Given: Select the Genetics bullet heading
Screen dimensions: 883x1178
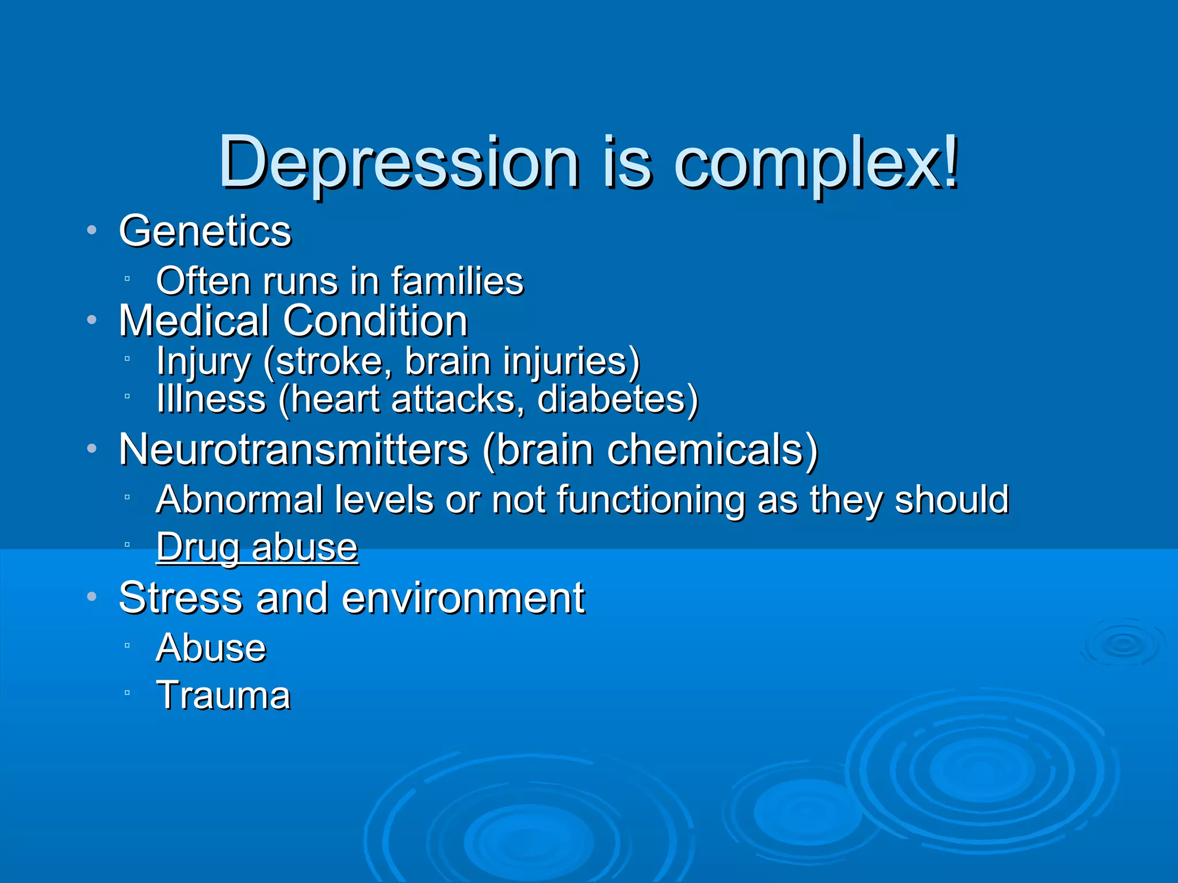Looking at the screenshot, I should (x=205, y=231).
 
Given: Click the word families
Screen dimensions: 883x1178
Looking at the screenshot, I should (x=457, y=281).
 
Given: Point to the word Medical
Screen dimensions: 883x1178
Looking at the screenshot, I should (x=194, y=321).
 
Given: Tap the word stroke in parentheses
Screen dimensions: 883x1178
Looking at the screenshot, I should (x=328, y=362).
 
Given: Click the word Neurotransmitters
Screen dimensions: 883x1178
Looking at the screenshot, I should (x=293, y=450).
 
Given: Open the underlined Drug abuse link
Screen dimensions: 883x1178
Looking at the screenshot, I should (x=257, y=547).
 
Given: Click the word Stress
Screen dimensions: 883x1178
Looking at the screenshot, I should (x=180, y=598).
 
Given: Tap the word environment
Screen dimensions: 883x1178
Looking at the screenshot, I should (x=463, y=598).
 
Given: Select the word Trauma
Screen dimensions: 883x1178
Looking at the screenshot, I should (x=223, y=695).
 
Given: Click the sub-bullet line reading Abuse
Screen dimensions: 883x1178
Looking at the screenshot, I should (x=211, y=648).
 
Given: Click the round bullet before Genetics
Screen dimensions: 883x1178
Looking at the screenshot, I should (x=91, y=231).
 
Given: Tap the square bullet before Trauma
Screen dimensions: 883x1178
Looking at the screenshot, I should (x=127, y=693).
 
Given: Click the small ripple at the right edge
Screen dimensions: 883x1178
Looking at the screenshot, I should (x=1123, y=643).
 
